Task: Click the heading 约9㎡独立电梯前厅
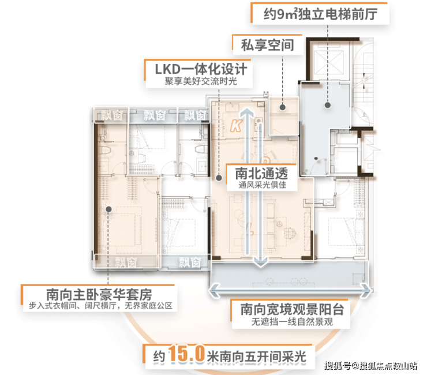(320, 14)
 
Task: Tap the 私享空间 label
(268, 45)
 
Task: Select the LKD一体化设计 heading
(201, 69)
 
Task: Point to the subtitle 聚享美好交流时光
(201, 81)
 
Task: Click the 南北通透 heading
(261, 174)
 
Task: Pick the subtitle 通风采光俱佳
(262, 185)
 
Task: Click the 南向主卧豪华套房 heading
(99, 295)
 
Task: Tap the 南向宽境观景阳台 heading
(292, 309)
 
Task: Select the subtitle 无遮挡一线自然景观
(292, 322)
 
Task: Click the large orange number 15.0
(186, 354)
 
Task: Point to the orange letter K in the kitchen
(236, 126)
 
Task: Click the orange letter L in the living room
(250, 229)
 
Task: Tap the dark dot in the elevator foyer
(328, 105)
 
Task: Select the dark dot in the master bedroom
(108, 209)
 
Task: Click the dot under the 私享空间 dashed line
(283, 107)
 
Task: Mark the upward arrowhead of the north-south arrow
(248, 112)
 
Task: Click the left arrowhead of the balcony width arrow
(215, 290)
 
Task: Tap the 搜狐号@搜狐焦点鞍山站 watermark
(370, 366)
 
